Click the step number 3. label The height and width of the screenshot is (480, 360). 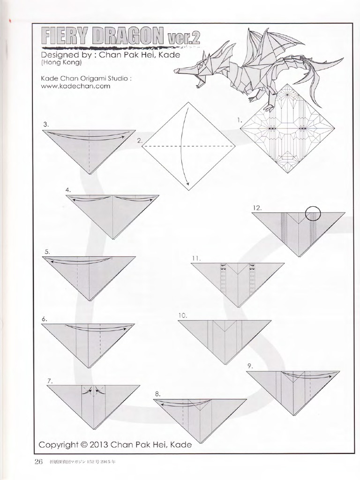point(46,124)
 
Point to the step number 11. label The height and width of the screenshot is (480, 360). point(196,258)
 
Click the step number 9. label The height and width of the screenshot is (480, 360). point(250,365)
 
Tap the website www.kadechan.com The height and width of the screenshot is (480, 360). point(75,86)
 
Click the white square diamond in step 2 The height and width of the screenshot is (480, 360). point(188,146)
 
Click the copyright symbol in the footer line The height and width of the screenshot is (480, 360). point(84,445)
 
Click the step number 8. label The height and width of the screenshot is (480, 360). point(158,393)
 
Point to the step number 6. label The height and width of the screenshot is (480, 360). point(44,319)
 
